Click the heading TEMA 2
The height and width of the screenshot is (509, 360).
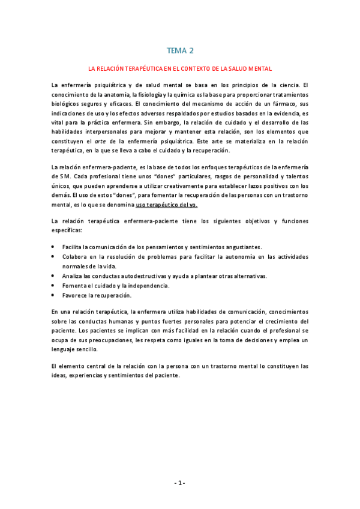[180, 51]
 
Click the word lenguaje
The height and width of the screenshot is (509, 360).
[65, 349]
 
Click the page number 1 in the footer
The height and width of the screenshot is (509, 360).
[180, 483]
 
